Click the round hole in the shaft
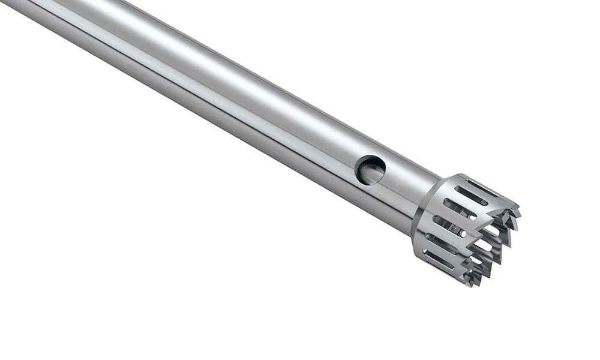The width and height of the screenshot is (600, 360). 370,170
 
